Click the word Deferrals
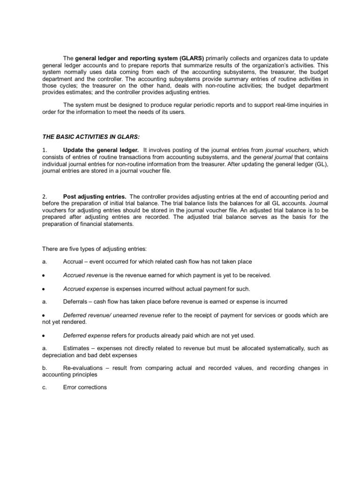(x=75, y=301)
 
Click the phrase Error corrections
(x=85, y=387)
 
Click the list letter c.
(x=43, y=387)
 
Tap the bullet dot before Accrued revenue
(x=43, y=275)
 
